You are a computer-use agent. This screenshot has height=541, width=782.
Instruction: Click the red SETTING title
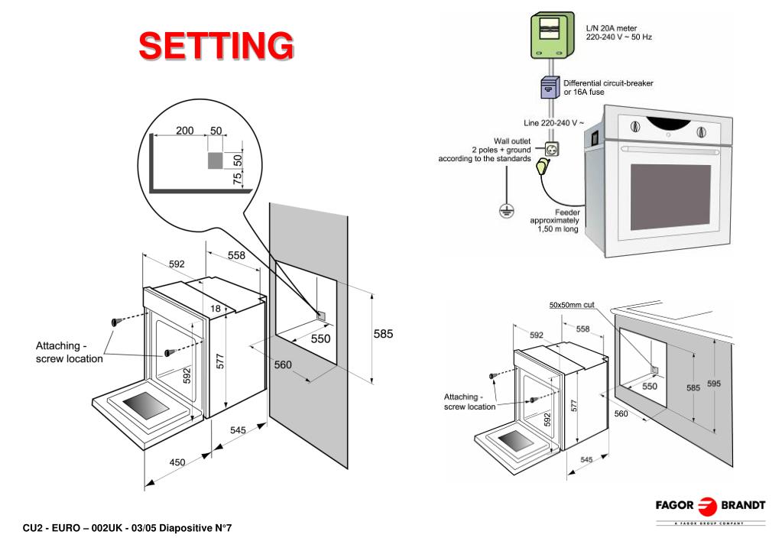[x=216, y=45]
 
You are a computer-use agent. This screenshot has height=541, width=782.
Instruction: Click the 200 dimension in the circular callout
[x=185, y=131]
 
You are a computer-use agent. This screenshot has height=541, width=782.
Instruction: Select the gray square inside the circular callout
[x=216, y=160]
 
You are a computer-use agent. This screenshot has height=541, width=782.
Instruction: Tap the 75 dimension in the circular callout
[x=237, y=177]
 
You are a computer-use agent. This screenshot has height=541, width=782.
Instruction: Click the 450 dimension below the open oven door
[x=177, y=461]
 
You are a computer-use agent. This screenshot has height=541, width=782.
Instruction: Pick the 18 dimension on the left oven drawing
[x=216, y=308]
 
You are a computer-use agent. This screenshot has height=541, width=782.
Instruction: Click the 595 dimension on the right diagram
[x=714, y=384]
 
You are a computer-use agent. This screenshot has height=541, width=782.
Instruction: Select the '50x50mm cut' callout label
[x=572, y=305]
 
